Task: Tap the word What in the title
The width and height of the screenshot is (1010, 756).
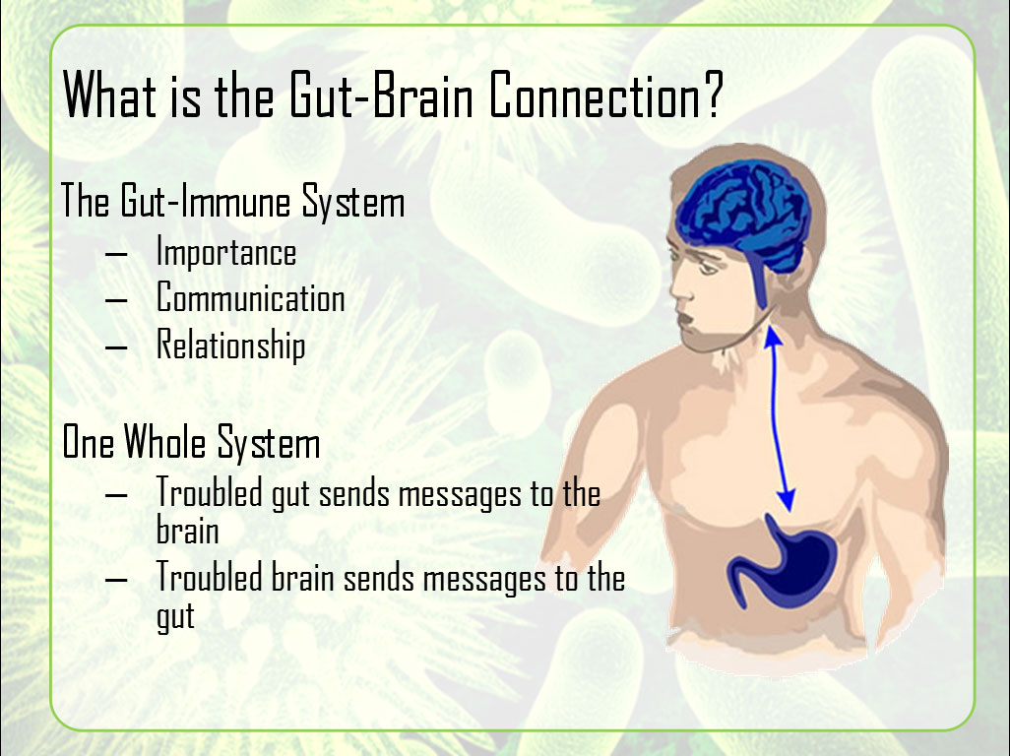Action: click(x=109, y=94)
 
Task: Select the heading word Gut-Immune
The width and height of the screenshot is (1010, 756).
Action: click(x=206, y=201)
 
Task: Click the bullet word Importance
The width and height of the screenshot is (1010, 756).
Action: click(x=226, y=252)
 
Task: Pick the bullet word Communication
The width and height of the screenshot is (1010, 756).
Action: click(x=251, y=297)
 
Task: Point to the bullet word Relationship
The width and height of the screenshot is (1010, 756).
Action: click(x=230, y=345)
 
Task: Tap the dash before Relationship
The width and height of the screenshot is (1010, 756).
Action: click(x=116, y=347)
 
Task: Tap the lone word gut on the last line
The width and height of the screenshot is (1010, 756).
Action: click(x=175, y=617)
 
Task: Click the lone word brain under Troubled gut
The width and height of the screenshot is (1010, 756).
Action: click(x=187, y=530)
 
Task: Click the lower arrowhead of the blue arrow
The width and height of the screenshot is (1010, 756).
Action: click(x=787, y=500)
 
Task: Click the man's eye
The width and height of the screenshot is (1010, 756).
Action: click(x=707, y=266)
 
